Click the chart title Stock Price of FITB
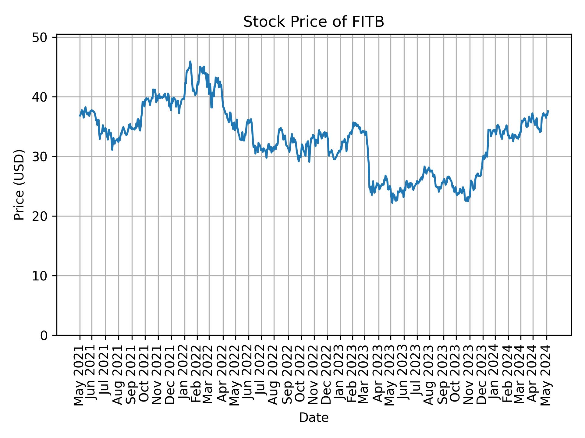click(314, 22)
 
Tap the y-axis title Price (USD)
click(19, 185)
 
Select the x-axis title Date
click(314, 418)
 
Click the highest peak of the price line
click(190, 61)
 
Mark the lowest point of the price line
click(392, 203)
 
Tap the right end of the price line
click(548, 111)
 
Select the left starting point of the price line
click(80, 116)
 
